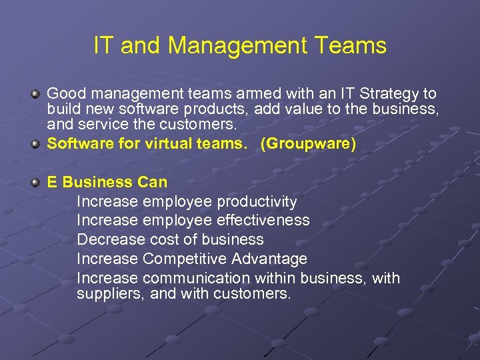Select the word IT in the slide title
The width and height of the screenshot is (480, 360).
click(x=103, y=45)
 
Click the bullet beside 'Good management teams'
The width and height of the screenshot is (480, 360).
click(x=36, y=94)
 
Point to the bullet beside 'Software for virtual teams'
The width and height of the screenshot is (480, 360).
click(x=36, y=143)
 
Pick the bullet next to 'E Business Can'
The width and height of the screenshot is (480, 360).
click(x=36, y=182)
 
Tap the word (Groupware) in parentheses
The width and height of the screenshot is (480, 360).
click(x=308, y=143)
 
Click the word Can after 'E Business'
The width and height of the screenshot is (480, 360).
click(x=153, y=182)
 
